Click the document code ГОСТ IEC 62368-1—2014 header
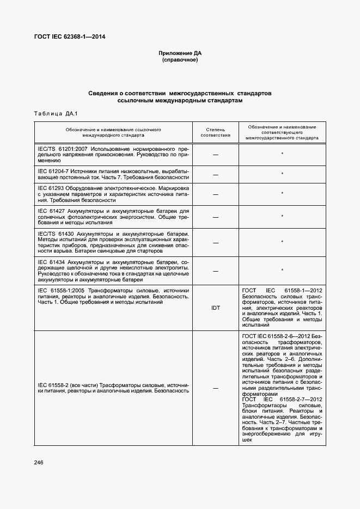(70, 37)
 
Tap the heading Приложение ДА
(180, 53)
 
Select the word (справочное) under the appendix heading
(180, 60)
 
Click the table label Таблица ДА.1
(57, 113)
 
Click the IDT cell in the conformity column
(215, 308)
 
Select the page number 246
(39, 462)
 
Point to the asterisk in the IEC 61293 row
(282, 193)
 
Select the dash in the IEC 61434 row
(215, 271)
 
